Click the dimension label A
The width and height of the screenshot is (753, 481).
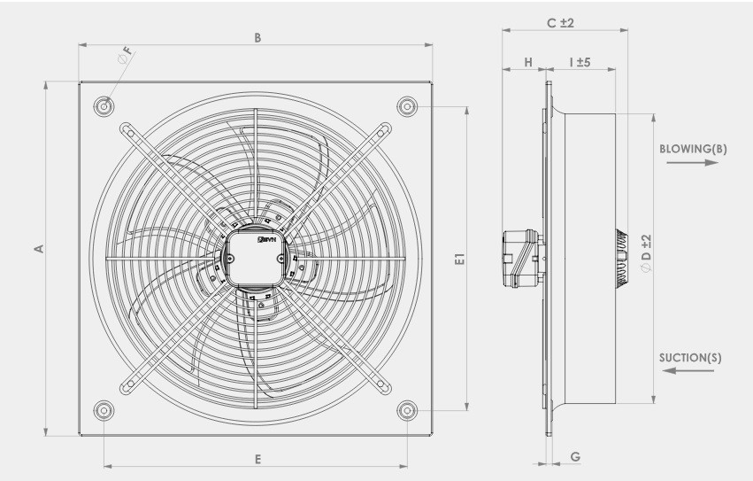[40, 249]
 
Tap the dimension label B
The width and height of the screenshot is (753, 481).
[257, 38]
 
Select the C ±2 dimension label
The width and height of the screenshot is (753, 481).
[560, 23]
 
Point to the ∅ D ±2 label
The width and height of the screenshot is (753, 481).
[647, 253]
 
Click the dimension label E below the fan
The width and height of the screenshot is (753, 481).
[257, 460]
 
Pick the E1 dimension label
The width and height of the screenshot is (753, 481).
[459, 259]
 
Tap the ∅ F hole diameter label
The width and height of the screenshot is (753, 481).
[125, 55]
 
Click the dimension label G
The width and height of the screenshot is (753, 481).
[575, 456]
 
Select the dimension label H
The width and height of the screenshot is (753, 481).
[528, 62]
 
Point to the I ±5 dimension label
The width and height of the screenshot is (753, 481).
[580, 62]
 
